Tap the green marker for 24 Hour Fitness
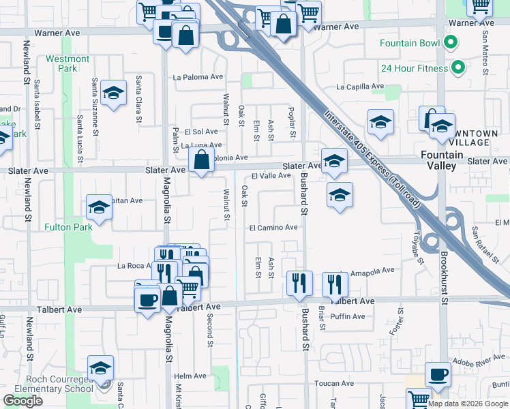pos(458,67)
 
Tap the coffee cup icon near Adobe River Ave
pos(438,374)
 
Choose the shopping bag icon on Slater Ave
pos(201,162)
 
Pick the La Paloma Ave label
pos(198,77)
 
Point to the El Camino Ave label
pos(273,227)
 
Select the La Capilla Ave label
pos(361,87)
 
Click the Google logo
pos(22,400)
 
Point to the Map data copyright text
pos(467,404)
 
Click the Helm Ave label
pos(190,376)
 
